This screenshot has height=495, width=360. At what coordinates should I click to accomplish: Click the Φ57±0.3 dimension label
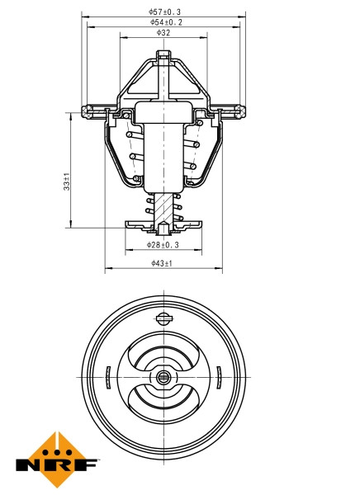point(163,12)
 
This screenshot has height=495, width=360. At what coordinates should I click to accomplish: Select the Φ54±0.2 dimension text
point(164,22)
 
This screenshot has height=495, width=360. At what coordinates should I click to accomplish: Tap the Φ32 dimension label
point(163,33)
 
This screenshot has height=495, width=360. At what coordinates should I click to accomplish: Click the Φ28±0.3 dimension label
point(163,245)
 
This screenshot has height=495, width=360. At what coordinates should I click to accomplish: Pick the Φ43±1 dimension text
point(162,263)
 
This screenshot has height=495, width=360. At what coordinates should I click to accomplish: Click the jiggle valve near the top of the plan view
point(163,317)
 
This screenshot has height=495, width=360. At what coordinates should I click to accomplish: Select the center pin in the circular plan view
point(163,378)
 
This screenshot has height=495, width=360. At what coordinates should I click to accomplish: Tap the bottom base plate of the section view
point(163,224)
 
